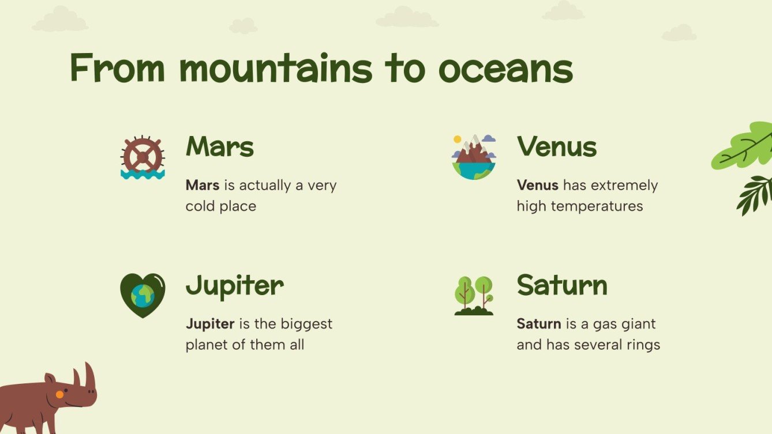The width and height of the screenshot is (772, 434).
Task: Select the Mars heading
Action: pos(220,146)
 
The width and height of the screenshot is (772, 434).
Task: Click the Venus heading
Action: pos(557,146)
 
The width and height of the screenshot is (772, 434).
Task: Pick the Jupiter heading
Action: pos(235,285)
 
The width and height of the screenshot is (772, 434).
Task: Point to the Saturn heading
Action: pos(562,285)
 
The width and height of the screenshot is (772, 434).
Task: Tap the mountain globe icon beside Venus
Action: pos(474,157)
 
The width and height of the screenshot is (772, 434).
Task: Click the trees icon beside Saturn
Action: pos(474,295)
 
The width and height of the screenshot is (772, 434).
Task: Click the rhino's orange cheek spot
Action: pos(59,394)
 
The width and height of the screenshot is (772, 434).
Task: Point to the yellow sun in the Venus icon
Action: pos(458,139)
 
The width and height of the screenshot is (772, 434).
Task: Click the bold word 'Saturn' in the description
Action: pos(539,324)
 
